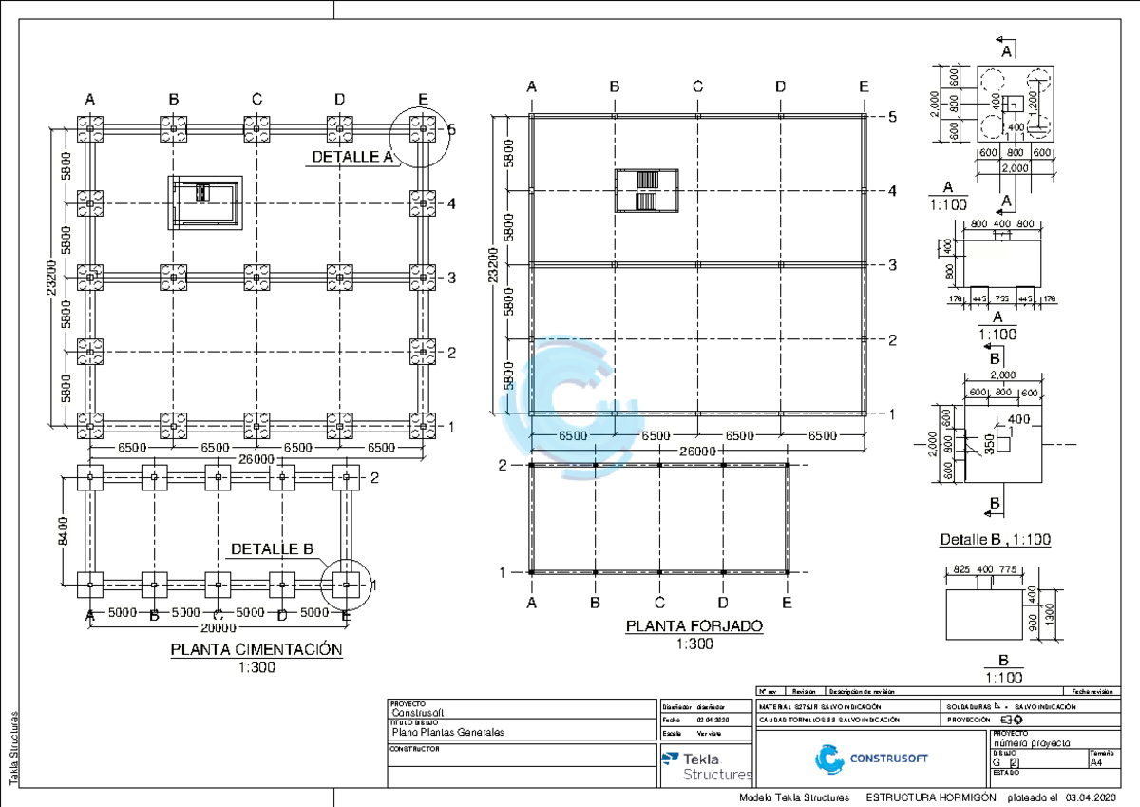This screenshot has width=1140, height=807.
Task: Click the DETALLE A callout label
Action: tap(351, 158)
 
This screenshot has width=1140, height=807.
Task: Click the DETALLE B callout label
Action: tap(272, 549)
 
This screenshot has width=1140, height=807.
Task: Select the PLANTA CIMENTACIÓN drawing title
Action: tap(256, 650)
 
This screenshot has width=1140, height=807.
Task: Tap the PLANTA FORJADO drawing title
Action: tap(693, 627)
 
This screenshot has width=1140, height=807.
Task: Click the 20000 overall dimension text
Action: tap(218, 627)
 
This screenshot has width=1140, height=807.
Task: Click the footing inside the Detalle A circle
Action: tap(423, 129)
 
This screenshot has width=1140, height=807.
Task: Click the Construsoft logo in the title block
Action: tap(871, 758)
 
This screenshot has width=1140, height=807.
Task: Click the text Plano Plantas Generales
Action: tap(447, 732)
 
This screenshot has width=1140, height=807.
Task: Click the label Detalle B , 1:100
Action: tap(995, 539)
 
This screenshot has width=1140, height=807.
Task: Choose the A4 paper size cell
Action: tap(1096, 762)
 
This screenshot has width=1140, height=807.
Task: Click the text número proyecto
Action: tap(1032, 742)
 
